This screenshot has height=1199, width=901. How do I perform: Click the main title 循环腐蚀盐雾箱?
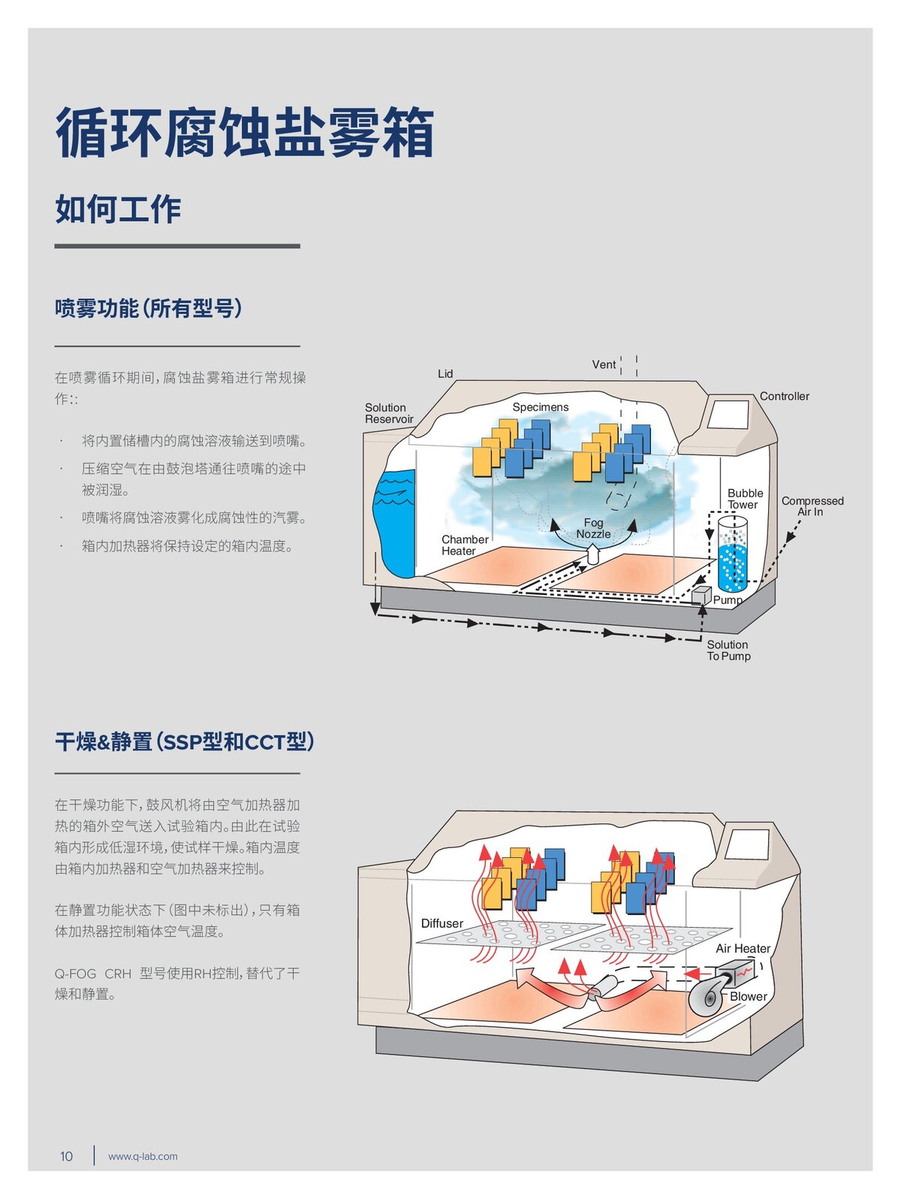245,134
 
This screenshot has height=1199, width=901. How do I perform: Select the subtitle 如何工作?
118,209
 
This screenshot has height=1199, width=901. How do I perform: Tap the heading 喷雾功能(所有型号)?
149,308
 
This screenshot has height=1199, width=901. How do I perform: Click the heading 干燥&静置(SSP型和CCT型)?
184,742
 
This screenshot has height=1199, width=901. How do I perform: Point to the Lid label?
445,373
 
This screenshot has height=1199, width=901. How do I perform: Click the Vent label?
604,364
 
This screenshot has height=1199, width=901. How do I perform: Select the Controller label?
784,396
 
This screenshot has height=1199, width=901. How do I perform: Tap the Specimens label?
541,407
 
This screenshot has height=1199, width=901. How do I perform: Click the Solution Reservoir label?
389,413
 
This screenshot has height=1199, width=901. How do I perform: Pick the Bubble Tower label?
745,499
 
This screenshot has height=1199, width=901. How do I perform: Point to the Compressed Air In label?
812,506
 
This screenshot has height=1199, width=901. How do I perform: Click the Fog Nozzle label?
593,528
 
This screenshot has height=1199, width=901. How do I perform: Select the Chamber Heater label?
464,545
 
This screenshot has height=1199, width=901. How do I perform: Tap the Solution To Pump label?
728,650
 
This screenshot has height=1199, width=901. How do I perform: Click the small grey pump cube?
701,595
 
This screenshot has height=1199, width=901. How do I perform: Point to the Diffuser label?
441,923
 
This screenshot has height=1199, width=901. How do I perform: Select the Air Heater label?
743,949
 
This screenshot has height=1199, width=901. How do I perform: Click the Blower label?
749,996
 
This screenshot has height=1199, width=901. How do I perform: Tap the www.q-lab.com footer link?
143,1156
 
